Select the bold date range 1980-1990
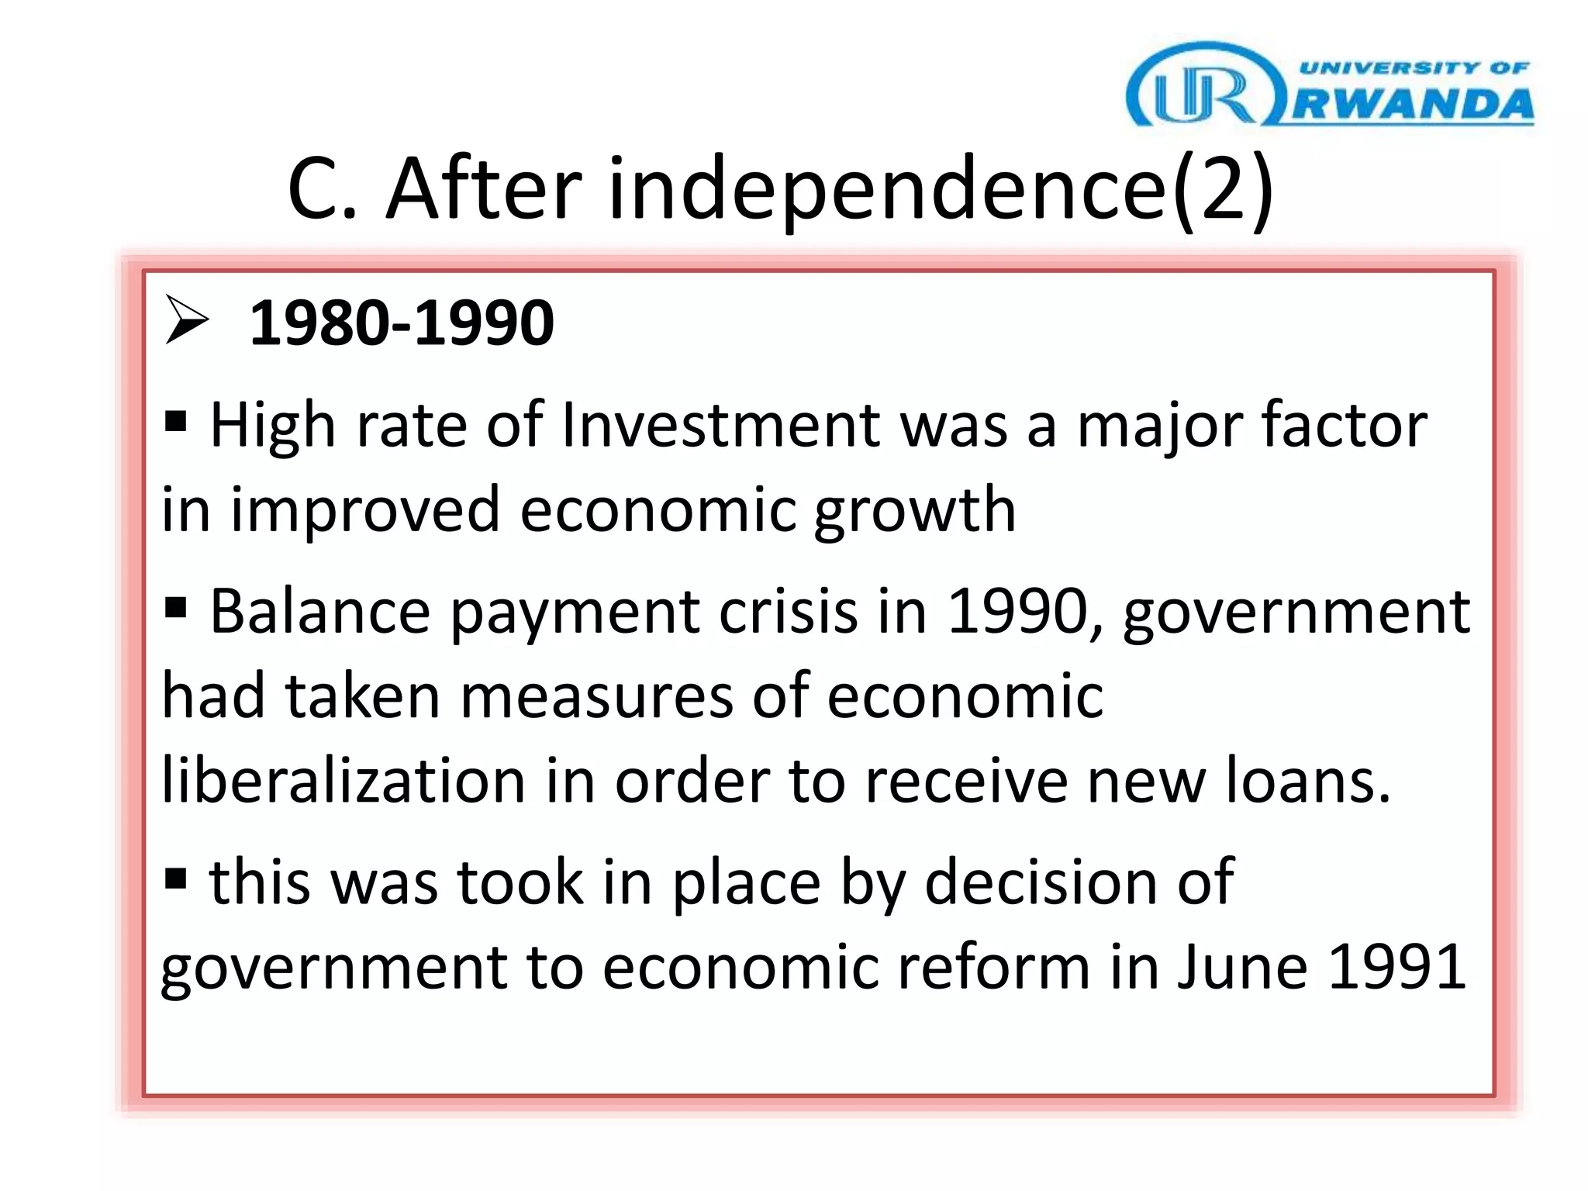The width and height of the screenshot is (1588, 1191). [x=402, y=323]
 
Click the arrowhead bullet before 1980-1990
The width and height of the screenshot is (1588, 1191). [x=187, y=320]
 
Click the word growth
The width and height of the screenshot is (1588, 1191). [x=915, y=512]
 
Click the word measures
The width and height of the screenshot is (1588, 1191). [x=596, y=696]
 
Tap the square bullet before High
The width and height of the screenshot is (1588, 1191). [x=176, y=422]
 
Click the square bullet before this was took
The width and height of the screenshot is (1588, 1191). [x=176, y=879]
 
